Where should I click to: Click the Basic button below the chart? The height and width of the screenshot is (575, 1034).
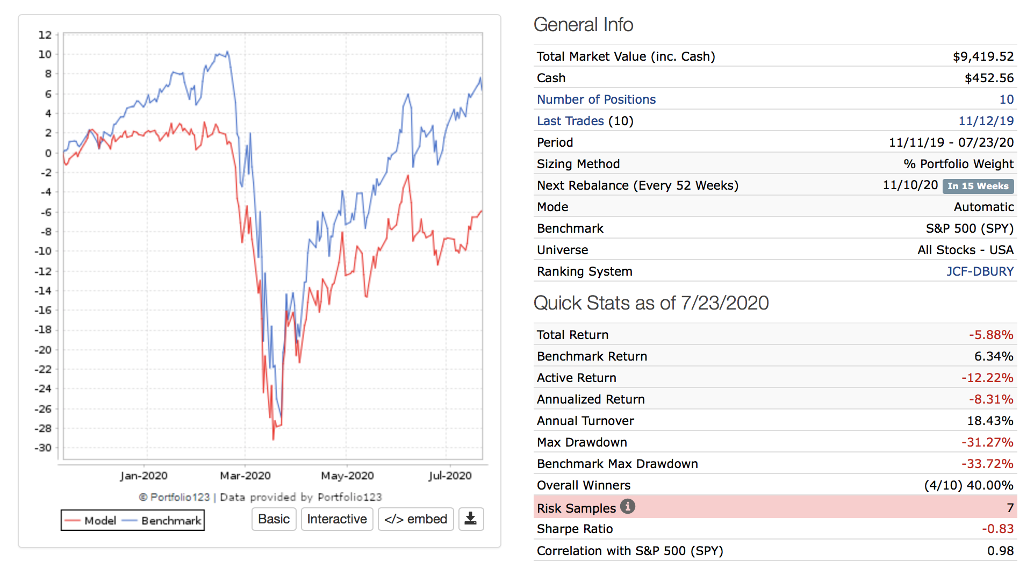coord(274,519)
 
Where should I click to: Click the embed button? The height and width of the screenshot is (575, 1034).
coord(415,519)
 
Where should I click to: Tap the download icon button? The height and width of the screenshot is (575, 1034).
coord(471,519)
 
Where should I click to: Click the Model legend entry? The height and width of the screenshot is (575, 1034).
coord(90,521)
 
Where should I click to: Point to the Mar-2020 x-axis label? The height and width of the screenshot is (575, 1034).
coord(245,476)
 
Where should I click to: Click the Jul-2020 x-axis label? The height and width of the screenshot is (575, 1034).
coord(450,476)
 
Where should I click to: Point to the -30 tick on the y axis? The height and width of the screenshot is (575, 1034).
coord(44,448)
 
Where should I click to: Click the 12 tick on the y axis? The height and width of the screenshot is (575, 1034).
coord(45,35)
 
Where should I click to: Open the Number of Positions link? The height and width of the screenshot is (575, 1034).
coord(596,99)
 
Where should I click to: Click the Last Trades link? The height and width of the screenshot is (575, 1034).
coord(570,121)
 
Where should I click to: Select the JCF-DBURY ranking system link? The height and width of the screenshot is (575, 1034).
coord(980,271)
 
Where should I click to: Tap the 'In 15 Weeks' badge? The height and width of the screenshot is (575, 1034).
coord(978,186)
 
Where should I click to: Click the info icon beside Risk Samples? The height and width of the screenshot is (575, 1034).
coord(627,506)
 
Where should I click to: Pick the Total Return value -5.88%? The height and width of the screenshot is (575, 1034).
coord(991,335)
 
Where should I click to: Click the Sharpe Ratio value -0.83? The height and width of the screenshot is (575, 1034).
coord(997,529)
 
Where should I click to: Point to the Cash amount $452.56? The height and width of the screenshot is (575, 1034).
coord(989,78)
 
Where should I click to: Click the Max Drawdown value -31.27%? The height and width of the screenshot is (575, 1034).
coord(987,442)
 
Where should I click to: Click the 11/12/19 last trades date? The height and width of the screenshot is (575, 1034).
coord(986,121)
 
